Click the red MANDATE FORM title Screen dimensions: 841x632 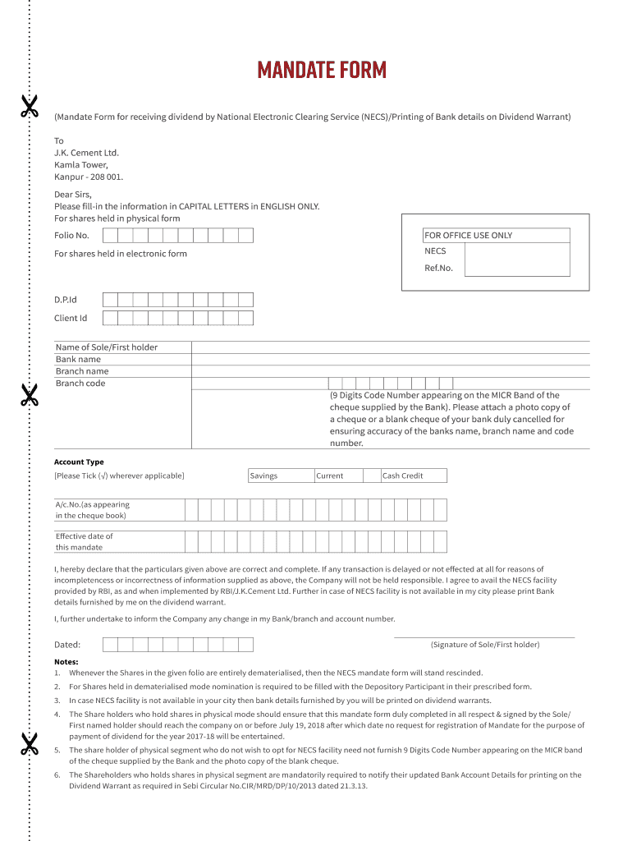(321, 70)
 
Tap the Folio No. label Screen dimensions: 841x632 (71, 236)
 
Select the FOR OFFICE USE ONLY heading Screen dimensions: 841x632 (468, 236)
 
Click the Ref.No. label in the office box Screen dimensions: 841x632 (438, 268)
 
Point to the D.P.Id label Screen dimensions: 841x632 (66, 300)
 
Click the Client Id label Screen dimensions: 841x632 (71, 318)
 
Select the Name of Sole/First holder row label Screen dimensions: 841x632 (107, 347)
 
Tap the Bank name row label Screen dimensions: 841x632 (79, 359)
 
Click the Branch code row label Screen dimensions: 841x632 (80, 384)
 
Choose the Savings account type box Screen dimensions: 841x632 (281, 476)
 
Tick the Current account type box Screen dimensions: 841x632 (347, 476)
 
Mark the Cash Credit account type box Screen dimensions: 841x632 (414, 476)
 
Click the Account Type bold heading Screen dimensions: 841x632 (79, 462)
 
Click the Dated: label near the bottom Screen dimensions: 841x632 (67, 645)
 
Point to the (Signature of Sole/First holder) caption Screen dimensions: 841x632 (484, 645)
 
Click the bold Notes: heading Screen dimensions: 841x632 (66, 661)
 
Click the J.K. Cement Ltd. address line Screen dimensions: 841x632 (86, 153)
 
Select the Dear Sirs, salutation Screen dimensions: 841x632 (73, 195)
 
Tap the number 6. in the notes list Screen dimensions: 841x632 (57, 774)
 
